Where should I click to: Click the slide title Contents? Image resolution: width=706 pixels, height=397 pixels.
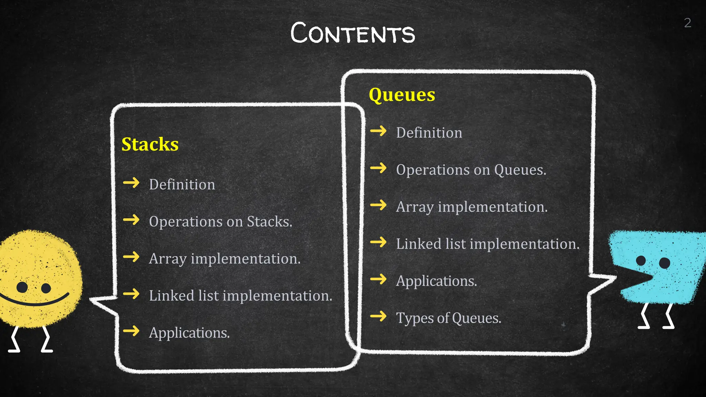[353, 33]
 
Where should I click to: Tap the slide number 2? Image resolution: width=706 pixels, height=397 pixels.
[687, 23]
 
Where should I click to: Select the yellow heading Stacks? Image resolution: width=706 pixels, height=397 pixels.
[150, 144]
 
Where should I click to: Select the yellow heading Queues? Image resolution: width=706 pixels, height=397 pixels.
[402, 94]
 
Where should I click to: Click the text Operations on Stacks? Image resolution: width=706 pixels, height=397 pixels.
[220, 222]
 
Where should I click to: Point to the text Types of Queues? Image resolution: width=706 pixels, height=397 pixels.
[448, 318]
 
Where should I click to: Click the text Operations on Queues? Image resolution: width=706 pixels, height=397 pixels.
[471, 170]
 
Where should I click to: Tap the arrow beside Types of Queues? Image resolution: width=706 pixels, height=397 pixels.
[378, 316]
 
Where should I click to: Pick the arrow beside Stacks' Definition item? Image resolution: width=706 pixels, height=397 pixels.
[131, 183]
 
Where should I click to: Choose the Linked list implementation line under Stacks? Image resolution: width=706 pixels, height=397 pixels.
[240, 296]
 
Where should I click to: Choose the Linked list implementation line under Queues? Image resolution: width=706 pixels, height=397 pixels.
[487, 244]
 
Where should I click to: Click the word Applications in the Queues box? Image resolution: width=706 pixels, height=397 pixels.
[436, 281]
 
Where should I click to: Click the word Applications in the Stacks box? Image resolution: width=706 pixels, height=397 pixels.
[189, 333]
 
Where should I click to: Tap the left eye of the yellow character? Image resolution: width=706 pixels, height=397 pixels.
[22, 287]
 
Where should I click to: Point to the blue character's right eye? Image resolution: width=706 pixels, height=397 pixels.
[664, 263]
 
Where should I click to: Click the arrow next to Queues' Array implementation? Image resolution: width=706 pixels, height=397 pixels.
[378, 205]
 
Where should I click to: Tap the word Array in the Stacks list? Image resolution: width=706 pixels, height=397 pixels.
[168, 259]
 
